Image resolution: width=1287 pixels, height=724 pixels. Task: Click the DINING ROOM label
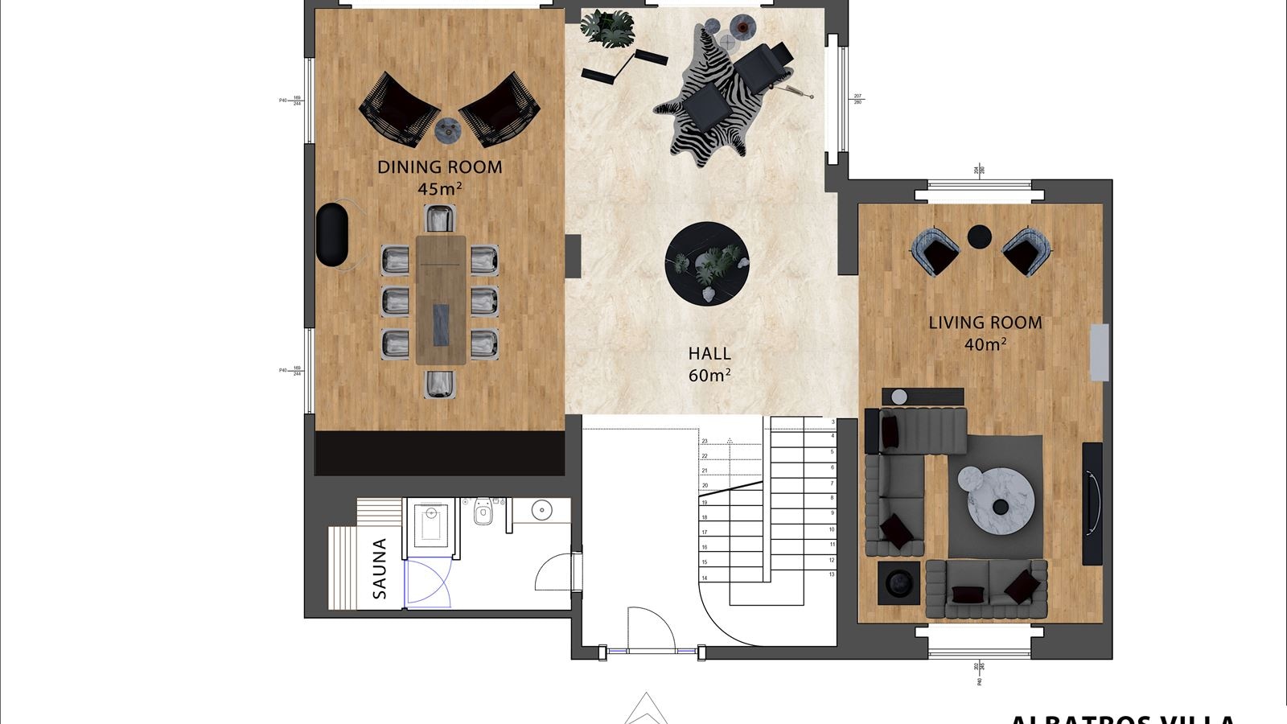point(439,167)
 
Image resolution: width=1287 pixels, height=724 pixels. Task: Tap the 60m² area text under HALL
point(709,376)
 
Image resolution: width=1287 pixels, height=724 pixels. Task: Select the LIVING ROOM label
point(985,323)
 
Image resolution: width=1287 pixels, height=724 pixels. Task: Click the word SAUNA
point(380,569)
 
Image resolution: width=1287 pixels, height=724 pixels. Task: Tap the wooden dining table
point(440,299)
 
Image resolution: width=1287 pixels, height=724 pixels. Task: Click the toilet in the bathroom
point(483,512)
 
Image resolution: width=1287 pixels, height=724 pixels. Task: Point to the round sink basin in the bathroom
point(541,510)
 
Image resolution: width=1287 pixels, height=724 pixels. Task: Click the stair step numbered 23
point(705,442)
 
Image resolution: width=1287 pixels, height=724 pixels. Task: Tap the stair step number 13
point(832,574)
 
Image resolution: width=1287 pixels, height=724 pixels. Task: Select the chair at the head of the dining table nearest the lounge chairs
point(440,219)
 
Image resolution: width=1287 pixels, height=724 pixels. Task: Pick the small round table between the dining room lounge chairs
point(447,129)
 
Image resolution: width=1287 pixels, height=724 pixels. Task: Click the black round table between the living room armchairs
point(979,237)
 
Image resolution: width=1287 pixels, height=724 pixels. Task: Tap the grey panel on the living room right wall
point(1099,352)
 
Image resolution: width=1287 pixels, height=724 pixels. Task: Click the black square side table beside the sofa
point(898,582)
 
